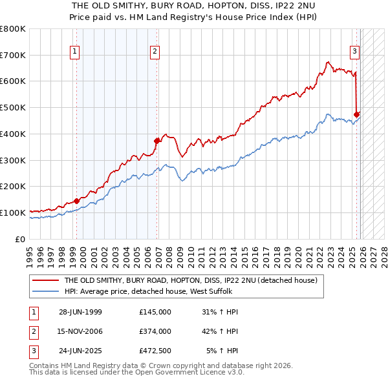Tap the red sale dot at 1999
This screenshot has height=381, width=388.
(77, 200)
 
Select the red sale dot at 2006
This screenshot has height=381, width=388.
(157, 140)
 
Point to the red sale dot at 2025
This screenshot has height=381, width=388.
(356, 114)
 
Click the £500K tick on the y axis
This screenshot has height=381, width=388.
(13, 108)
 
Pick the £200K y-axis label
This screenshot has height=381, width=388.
(13, 187)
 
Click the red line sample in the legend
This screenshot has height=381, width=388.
(45, 281)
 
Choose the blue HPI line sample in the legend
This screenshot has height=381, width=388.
(45, 292)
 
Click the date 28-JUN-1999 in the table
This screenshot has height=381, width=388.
(80, 312)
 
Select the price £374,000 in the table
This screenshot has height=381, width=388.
(155, 331)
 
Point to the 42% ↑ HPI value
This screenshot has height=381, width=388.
(220, 331)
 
